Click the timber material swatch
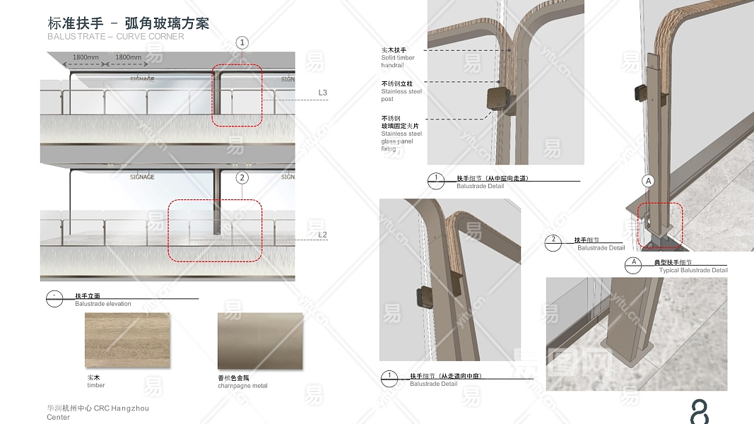(x=127, y=341)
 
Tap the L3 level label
(x=323, y=93)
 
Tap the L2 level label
(x=323, y=235)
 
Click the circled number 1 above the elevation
(x=242, y=43)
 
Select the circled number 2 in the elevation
(x=242, y=178)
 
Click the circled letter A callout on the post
(x=648, y=181)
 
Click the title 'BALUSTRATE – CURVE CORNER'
(x=116, y=37)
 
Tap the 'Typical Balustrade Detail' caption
(x=693, y=271)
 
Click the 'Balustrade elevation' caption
(x=103, y=304)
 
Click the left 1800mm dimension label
(x=86, y=57)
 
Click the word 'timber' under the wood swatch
(x=96, y=386)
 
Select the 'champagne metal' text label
(x=242, y=386)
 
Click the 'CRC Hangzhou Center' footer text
(x=98, y=412)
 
